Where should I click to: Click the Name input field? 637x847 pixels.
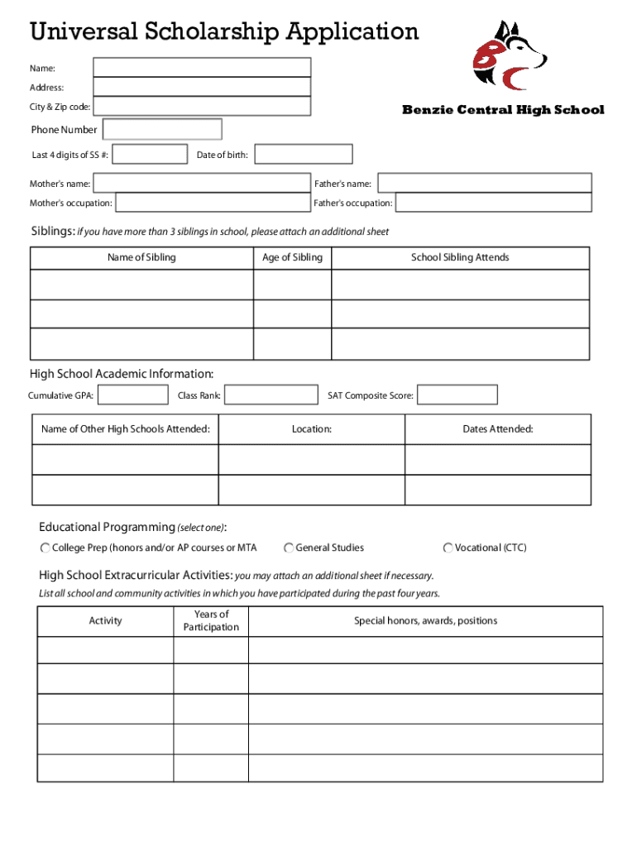[x=202, y=67]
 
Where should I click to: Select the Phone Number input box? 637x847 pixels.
[x=162, y=129]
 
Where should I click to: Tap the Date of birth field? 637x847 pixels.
[x=303, y=155]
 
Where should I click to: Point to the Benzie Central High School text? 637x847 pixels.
[x=503, y=110]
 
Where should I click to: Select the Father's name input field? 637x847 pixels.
[x=485, y=184]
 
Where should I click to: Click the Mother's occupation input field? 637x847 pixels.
[x=213, y=203]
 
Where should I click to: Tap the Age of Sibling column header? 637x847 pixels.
[x=292, y=258]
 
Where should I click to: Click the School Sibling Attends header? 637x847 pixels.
[x=460, y=258]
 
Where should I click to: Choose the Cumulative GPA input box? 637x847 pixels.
[x=132, y=395]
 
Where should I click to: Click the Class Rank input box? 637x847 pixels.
[x=271, y=395]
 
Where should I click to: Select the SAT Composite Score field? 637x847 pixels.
[x=457, y=395]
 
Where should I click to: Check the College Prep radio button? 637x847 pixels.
[x=45, y=548]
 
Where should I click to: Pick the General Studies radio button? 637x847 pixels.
[x=289, y=548]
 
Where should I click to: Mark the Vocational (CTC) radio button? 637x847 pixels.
[x=448, y=548]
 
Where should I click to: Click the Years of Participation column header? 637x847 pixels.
[x=211, y=620]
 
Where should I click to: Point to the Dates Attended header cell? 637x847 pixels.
[x=497, y=429]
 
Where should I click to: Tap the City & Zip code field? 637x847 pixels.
[x=202, y=107]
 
